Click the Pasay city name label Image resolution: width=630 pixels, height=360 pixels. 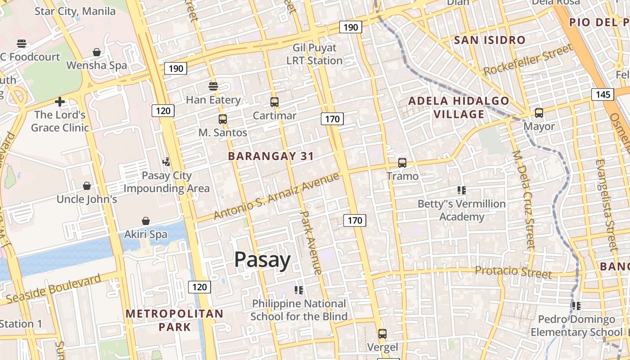(x=262, y=261)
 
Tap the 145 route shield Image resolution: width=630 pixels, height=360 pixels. (x=603, y=94)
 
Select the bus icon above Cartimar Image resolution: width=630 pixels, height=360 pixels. (x=274, y=102)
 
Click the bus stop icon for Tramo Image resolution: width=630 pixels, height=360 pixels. (x=402, y=163)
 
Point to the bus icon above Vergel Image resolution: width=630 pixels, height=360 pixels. (x=382, y=334)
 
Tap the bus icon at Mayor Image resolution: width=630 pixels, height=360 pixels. (x=539, y=113)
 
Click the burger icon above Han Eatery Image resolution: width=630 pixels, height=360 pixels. (x=213, y=86)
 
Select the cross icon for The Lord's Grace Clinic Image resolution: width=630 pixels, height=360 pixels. (x=60, y=102)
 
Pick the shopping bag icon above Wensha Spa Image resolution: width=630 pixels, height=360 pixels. (x=97, y=53)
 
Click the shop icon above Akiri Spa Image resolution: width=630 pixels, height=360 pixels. (x=146, y=221)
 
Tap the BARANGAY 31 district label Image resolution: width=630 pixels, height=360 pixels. (x=271, y=157)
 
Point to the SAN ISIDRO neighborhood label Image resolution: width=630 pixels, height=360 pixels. (x=490, y=40)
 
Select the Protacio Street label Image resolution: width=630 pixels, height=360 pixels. (x=513, y=272)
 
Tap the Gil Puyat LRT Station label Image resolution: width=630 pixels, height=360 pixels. (x=315, y=54)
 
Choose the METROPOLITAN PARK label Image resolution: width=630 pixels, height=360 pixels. (x=175, y=320)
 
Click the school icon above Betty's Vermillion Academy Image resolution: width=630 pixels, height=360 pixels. (x=461, y=190)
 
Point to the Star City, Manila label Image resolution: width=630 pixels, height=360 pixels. (x=75, y=11)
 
